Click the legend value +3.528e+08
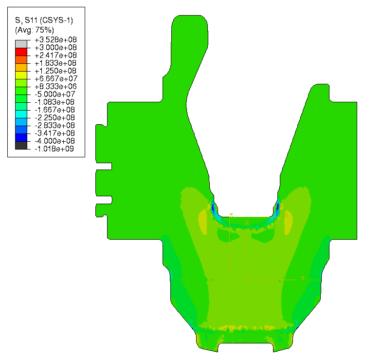click(55, 39)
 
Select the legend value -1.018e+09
click(54, 149)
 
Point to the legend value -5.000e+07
click(55, 94)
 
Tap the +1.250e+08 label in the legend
click(55, 71)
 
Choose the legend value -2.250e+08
click(55, 117)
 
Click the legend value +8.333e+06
click(55, 86)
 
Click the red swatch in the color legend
click(21, 52)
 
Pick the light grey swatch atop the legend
click(21, 44)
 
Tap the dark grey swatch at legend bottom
click(21, 146)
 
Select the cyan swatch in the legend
click(21, 114)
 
